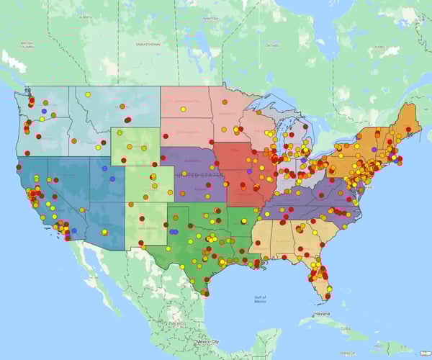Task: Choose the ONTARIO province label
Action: pos(271,45)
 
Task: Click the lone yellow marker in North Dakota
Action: pos(184,109)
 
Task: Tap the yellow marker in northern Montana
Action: pos(87,94)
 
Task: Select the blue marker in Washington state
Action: pos(45,112)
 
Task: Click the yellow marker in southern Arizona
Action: pos(104,232)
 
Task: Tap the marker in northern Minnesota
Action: pos(238,108)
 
